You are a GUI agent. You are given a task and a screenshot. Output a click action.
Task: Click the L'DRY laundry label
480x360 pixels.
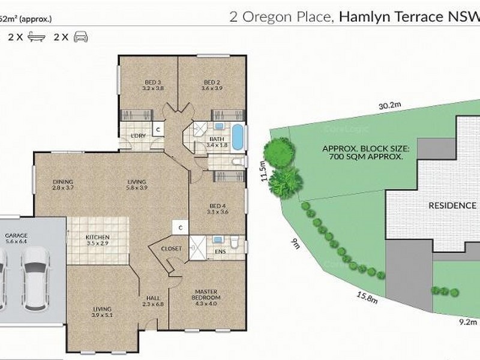tap(139, 136)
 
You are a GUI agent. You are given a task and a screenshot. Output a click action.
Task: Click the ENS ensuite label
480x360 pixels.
tap(220, 252)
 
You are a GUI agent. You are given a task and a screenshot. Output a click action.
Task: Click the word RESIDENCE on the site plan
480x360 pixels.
tap(452, 205)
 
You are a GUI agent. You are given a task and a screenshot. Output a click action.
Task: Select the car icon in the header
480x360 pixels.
tap(80, 37)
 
